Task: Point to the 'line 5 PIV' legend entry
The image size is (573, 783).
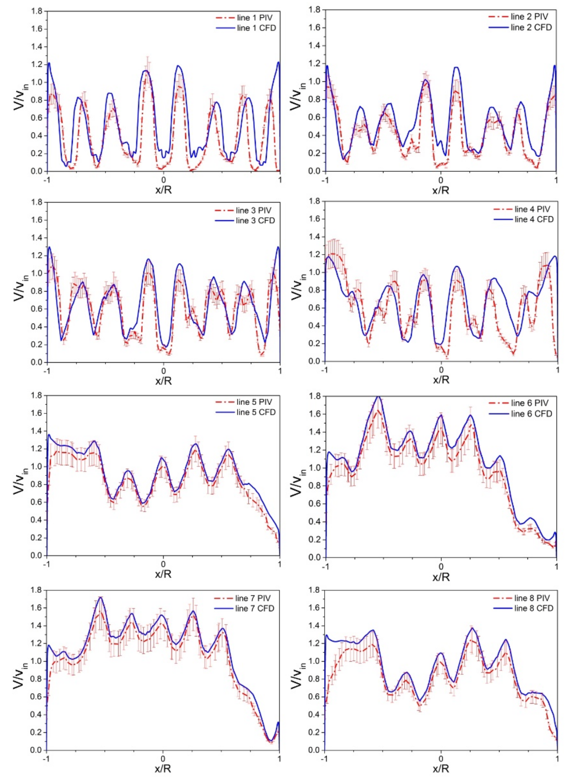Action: coord(254,402)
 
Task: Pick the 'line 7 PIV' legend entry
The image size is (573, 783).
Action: coord(253,598)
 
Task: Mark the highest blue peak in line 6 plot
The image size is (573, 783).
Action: coord(379,397)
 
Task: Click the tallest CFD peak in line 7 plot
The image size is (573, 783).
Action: coord(101,597)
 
